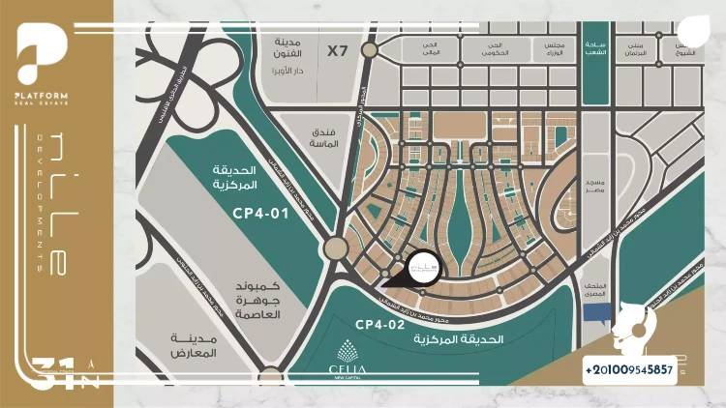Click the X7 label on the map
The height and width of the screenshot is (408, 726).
pyautogui.click(x=337, y=50)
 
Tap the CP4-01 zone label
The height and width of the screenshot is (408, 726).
pyautogui.click(x=259, y=214)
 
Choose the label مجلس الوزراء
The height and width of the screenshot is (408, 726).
pyautogui.click(x=545, y=48)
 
